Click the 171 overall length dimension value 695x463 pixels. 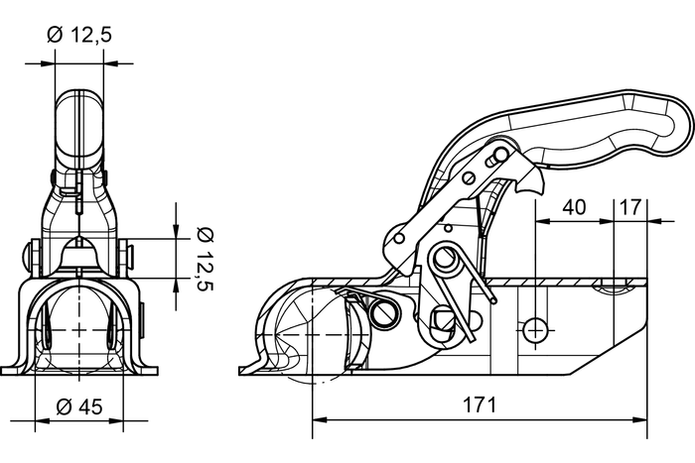click(x=480, y=405)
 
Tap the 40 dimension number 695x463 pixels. click(x=573, y=207)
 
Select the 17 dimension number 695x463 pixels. click(x=629, y=207)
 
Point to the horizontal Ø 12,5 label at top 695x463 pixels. click(x=78, y=36)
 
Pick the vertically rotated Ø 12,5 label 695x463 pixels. click(x=204, y=256)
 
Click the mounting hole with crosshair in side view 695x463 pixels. click(x=535, y=328)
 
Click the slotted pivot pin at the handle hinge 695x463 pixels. click(x=500, y=155)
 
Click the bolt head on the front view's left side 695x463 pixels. click(x=26, y=256)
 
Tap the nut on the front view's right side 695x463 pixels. click(x=129, y=256)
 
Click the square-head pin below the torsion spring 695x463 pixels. click(x=444, y=319)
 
